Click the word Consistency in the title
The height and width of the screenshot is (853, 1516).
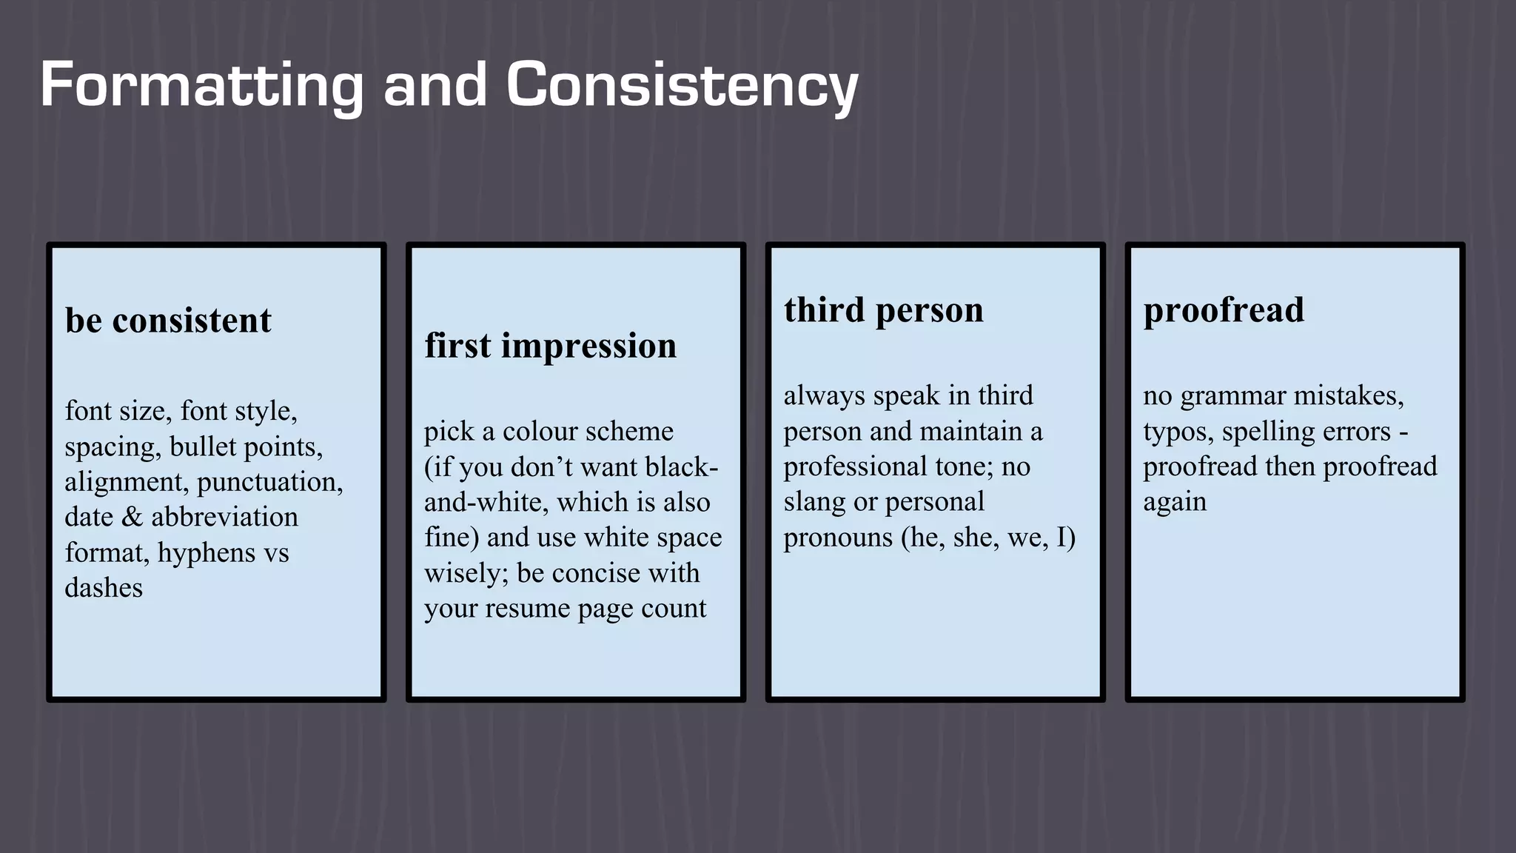(x=681, y=86)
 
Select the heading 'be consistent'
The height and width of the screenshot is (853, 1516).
(x=168, y=321)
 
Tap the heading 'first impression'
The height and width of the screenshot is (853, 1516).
(x=550, y=346)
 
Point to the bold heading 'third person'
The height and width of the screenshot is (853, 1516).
(x=884, y=310)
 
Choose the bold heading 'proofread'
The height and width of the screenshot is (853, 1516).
(x=1224, y=310)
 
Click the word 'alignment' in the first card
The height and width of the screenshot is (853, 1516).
(x=125, y=482)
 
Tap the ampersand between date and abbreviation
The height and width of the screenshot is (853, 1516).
(x=133, y=517)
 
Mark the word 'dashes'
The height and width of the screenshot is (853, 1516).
(x=104, y=588)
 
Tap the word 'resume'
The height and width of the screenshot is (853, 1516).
(x=531, y=609)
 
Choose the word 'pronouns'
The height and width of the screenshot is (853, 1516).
(x=838, y=538)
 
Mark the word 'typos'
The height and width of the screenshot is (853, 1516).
(x=1176, y=432)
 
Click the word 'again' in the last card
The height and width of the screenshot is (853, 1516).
(x=1175, y=502)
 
